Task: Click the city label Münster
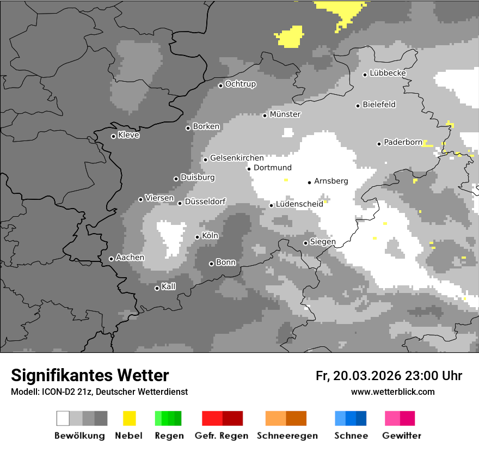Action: tap(285, 114)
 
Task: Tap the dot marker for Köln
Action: tap(197, 237)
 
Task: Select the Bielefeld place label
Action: tap(379, 105)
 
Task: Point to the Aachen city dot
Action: tap(111, 259)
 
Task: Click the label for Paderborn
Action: tap(403, 143)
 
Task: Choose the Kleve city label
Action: tap(128, 135)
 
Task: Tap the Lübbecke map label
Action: tap(388, 73)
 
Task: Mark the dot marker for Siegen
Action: tap(305, 243)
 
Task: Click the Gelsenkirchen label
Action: tap(237, 158)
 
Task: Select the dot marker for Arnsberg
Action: tap(309, 182)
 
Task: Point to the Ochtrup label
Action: tap(240, 84)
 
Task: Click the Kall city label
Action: tap(168, 286)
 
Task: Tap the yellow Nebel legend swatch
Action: tap(129, 418)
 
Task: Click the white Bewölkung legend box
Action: tap(63, 418)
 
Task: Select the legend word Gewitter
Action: tap(401, 436)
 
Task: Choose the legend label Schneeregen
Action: tap(287, 436)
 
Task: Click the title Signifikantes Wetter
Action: tap(90, 375)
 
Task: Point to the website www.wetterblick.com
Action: tap(392, 392)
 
